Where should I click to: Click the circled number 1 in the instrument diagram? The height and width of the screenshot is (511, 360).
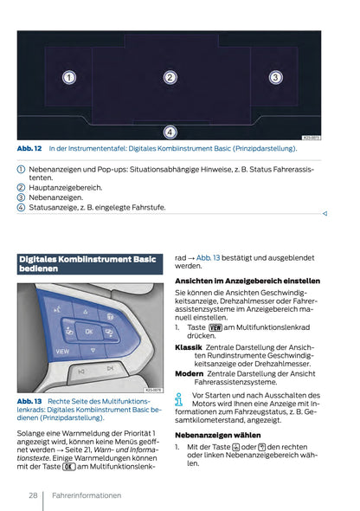click(67, 78)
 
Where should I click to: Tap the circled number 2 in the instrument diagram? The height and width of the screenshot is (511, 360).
click(170, 78)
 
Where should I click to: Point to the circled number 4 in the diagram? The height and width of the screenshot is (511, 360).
click(170, 132)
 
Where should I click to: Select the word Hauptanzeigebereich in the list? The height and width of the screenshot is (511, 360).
click(66, 186)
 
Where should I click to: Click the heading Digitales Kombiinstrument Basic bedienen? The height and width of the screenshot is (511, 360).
click(87, 263)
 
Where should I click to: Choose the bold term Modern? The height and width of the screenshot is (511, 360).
click(190, 373)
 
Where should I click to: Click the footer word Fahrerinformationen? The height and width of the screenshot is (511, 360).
click(86, 495)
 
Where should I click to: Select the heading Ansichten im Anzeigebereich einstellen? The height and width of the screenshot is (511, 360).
click(247, 281)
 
